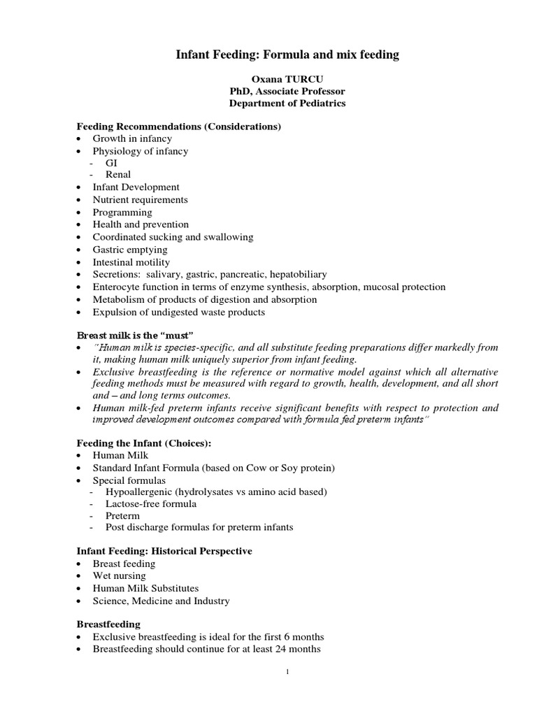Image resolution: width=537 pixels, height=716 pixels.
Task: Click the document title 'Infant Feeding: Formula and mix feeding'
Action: click(287, 55)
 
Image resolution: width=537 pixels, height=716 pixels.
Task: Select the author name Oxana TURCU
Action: click(287, 80)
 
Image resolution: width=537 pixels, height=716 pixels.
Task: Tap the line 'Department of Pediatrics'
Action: click(287, 103)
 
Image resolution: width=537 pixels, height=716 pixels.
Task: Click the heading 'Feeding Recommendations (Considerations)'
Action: click(178, 127)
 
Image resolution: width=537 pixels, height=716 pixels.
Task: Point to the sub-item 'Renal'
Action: click(118, 175)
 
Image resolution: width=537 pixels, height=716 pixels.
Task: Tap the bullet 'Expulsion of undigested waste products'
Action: click(178, 312)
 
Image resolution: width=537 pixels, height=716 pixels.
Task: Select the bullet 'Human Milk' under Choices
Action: click(120, 455)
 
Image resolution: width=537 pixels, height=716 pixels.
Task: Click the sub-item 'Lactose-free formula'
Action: click(151, 503)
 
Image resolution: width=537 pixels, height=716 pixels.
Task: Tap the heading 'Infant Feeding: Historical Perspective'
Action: click(164, 551)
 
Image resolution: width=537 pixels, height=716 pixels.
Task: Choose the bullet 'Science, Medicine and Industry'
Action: click(161, 601)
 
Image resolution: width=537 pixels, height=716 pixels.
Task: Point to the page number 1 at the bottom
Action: click(287, 673)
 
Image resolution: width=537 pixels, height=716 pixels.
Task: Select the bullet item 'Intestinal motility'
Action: click(131, 262)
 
